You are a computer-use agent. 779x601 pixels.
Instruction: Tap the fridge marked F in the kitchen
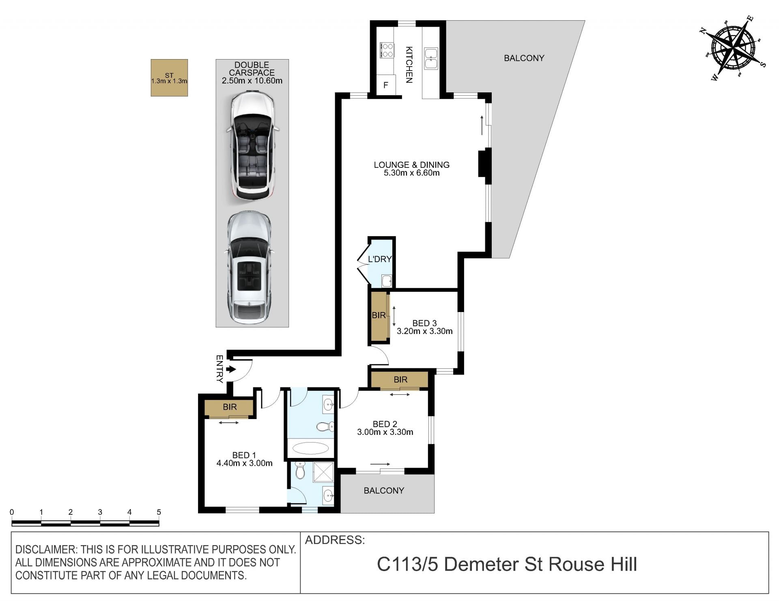[386, 85]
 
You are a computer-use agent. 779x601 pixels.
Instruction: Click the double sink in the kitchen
[431, 58]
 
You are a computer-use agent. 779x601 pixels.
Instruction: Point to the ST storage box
[169, 78]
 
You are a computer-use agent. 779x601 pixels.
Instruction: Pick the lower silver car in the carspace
[249, 267]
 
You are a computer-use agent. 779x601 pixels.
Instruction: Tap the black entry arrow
[231, 369]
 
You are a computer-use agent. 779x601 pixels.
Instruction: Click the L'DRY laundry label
[380, 259]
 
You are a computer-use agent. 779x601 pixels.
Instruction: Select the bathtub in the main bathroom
[311, 448]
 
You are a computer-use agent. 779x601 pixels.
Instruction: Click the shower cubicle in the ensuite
[323, 472]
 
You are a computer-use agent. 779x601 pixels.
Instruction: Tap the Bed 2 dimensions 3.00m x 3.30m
[385, 432]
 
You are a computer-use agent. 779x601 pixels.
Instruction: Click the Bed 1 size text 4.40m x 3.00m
[244, 463]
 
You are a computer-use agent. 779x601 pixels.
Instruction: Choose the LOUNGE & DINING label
[411, 165]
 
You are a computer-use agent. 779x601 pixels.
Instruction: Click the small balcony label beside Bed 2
[384, 490]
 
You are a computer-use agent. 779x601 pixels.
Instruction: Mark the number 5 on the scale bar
[159, 512]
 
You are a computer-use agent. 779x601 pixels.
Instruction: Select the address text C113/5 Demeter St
[461, 565]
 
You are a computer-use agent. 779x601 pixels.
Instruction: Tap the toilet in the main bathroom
[325, 426]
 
